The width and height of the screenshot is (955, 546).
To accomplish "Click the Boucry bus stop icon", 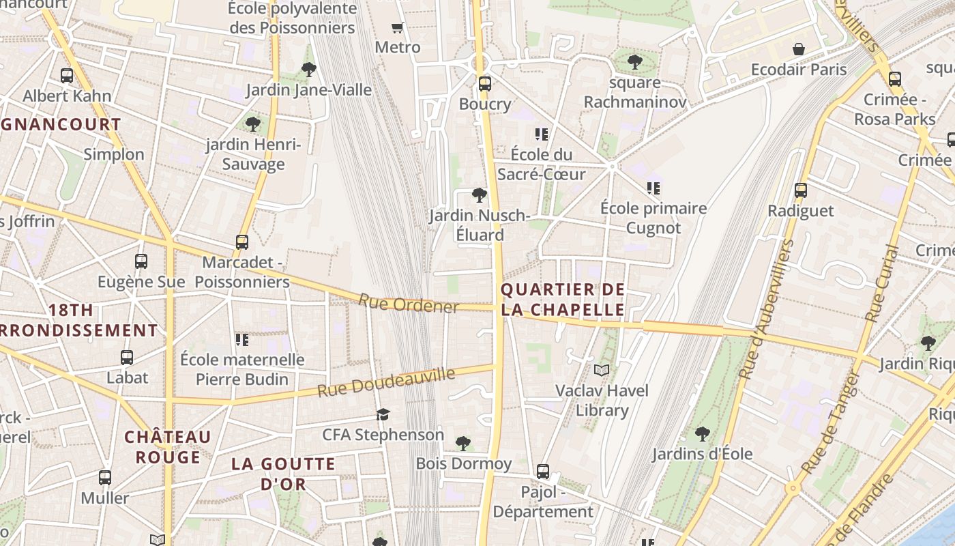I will click(x=484, y=84).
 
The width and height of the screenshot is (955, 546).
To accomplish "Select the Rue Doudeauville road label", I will click(x=386, y=383).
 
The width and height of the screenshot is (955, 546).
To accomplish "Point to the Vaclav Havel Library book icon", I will click(x=601, y=370).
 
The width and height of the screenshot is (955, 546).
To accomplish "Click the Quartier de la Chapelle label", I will click(x=563, y=300).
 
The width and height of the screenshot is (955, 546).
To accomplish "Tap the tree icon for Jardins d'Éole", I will click(x=702, y=433).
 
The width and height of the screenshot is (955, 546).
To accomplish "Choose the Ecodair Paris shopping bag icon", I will click(x=798, y=49).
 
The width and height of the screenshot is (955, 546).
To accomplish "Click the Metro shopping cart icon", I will click(x=398, y=27).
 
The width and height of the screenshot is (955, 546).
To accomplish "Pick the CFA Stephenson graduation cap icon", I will click(x=383, y=414).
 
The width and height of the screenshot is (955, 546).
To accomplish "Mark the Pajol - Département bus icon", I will click(x=543, y=471).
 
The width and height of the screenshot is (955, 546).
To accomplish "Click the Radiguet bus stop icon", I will click(x=801, y=190).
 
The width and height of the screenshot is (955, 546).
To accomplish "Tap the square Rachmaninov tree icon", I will click(x=634, y=62).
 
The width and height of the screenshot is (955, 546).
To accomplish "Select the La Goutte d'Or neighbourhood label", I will click(x=283, y=474).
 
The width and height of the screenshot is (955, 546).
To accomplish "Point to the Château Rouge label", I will click(x=168, y=446).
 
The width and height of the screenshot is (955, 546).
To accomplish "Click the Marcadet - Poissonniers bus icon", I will click(x=241, y=242).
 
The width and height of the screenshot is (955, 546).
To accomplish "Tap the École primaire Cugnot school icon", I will click(x=653, y=188).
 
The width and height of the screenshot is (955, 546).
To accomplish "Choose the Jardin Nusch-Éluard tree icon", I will click(x=480, y=195).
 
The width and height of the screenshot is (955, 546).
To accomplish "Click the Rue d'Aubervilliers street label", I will click(x=767, y=311).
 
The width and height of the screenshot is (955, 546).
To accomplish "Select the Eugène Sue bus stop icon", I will click(x=141, y=261).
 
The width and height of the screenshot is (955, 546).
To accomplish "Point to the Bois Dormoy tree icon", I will click(x=463, y=444).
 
